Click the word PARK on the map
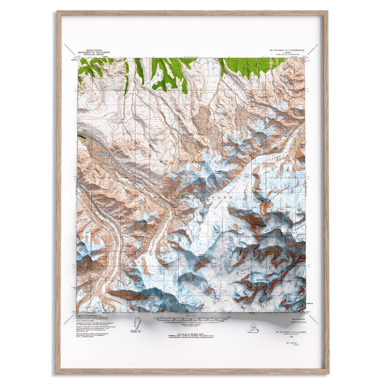click(x=224, y=197)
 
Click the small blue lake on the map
click(x=102, y=154)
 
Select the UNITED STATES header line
click(x=92, y=50)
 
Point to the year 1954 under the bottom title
click(x=288, y=336)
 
